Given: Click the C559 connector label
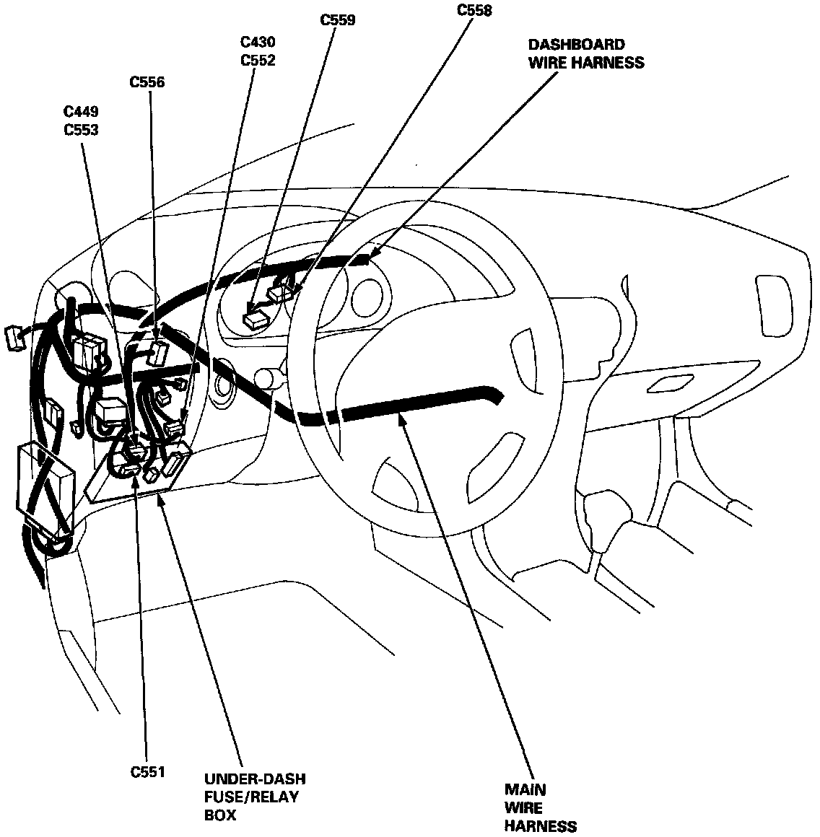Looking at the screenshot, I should point(338,19).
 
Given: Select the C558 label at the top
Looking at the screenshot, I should point(475,10).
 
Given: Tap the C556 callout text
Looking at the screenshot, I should point(147,82).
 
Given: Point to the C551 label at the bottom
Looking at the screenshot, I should point(148,772).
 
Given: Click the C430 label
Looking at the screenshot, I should point(258,43).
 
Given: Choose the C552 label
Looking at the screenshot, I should point(258,61).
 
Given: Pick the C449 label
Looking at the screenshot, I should point(81,112).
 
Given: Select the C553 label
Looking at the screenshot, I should point(81,130).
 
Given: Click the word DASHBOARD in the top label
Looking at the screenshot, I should point(576,45).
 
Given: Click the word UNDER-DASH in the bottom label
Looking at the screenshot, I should point(255,779).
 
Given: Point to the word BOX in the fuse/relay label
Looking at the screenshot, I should point(220,815).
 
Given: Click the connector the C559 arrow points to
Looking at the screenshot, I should point(255,318).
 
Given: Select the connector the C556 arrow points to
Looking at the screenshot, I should point(159,353).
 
